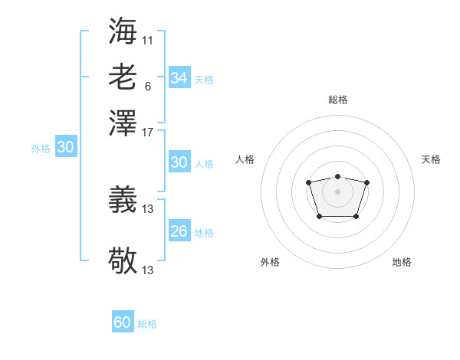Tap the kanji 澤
tap(123, 123)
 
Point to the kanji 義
tap(123, 201)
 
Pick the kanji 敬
tap(123, 261)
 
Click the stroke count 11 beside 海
tap(148, 39)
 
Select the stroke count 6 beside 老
tap(147, 86)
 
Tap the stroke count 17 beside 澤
tap(148, 132)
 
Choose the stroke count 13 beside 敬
tap(148, 270)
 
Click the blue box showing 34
tap(179, 78)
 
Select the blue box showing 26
tap(179, 231)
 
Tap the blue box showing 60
tap(123, 322)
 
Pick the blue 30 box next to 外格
tap(65, 148)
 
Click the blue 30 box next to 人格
tap(179, 162)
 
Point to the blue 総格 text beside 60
tap(147, 324)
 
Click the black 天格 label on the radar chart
tap(431, 159)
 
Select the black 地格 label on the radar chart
tap(402, 262)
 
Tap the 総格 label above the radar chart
tap(337, 100)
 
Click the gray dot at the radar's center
tap(337, 191)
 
